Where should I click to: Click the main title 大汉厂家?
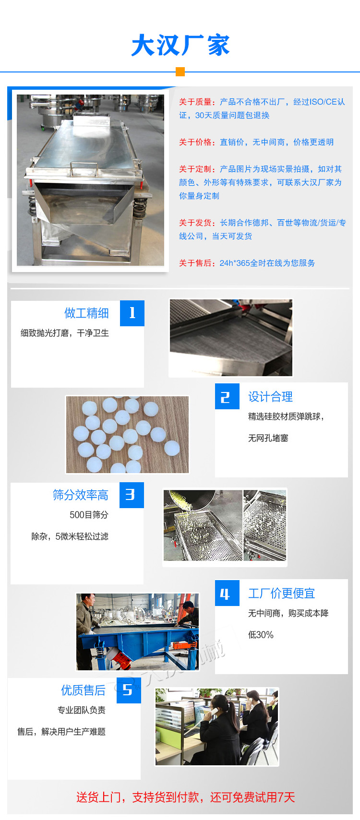(x=180, y=46)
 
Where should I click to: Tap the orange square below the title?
(x=180, y=72)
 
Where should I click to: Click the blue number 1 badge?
(x=132, y=313)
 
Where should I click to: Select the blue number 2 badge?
(x=227, y=396)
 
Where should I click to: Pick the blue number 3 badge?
(x=131, y=495)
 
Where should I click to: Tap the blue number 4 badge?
(x=227, y=594)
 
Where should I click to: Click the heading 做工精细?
(x=86, y=313)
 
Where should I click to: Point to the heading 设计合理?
(x=270, y=397)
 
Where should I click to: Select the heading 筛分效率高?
(x=80, y=495)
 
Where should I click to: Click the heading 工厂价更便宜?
(x=281, y=594)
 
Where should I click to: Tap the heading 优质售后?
(x=83, y=690)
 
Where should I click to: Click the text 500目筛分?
(x=89, y=515)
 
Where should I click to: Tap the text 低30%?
(x=261, y=635)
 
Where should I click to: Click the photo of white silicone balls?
(x=127, y=434)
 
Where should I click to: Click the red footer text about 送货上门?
(x=185, y=797)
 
